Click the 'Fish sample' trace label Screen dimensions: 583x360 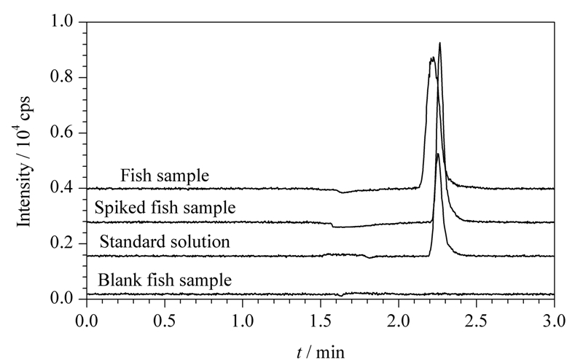point(165,176)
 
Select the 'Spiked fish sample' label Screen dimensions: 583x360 point(165,208)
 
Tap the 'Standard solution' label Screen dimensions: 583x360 point(165,242)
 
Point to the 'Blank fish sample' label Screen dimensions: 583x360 point(165,280)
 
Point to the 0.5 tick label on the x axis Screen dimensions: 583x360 point(165,321)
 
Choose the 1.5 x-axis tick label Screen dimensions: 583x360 point(321,321)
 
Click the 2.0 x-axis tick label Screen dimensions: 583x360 point(399,321)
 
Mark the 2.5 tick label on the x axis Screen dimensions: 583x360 point(477,321)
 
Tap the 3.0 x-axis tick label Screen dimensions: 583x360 point(554,321)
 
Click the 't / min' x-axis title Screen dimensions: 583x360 point(321,352)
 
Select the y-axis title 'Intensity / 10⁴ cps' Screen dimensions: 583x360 point(24,160)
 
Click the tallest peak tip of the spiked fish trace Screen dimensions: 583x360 point(440,43)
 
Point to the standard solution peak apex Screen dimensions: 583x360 point(438,154)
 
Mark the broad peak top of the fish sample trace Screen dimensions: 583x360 point(432,58)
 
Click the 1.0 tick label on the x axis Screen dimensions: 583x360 point(243,321)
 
